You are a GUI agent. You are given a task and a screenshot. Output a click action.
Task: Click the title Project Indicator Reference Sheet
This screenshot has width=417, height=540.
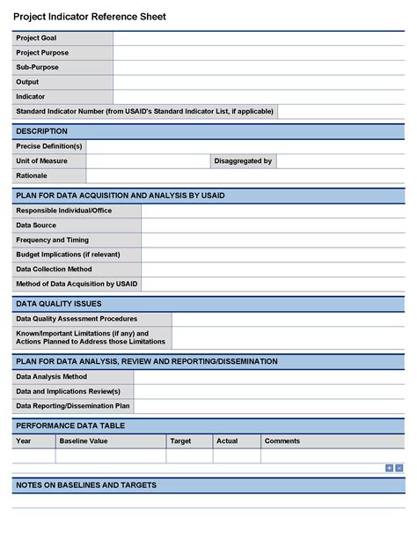tap(89, 17)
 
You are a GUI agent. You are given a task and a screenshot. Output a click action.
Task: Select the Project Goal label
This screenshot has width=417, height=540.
tap(36, 38)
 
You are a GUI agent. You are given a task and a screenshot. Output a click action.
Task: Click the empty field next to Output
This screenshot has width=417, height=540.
tap(259, 82)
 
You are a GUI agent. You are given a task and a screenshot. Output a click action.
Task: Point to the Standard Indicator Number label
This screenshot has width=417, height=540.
tap(145, 111)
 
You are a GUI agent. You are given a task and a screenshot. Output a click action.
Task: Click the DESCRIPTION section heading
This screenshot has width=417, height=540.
tap(41, 131)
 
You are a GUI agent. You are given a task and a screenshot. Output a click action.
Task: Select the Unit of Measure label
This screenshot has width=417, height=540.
tap(41, 161)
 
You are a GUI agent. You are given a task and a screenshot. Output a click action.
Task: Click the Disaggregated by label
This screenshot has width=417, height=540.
tap(244, 161)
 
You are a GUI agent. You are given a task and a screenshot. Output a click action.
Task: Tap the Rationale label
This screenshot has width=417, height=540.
tap(32, 175)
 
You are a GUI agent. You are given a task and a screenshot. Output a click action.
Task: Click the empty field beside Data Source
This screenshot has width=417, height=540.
tap(273, 226)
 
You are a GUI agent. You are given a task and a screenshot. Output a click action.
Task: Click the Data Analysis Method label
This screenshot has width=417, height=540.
tap(52, 376)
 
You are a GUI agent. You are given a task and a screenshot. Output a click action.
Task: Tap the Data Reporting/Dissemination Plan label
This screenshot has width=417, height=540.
tap(73, 406)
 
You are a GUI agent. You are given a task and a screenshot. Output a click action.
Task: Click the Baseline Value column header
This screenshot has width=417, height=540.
tap(83, 440)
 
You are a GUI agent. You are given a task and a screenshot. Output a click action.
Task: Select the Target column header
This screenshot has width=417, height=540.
tap(180, 440)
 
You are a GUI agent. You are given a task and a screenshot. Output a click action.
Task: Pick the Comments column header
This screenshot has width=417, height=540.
tap(282, 440)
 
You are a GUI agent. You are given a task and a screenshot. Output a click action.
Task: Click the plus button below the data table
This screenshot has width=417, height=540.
tap(390, 468)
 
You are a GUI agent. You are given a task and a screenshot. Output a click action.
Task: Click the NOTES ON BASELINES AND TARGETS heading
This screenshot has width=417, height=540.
tap(86, 485)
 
